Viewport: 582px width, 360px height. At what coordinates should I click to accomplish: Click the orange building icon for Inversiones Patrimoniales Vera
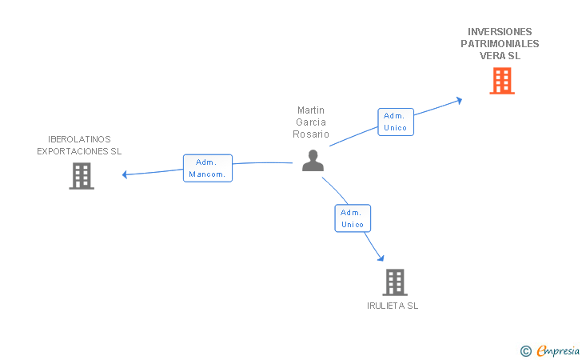[501, 80]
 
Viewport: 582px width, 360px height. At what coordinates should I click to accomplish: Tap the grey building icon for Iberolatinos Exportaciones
[82, 176]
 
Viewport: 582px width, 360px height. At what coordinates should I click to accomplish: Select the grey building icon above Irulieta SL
[394, 282]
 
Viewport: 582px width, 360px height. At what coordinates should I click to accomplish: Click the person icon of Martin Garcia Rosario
[313, 161]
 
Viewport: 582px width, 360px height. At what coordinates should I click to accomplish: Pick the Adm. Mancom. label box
[208, 168]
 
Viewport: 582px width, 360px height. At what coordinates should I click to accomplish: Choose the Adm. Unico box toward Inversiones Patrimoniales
[396, 122]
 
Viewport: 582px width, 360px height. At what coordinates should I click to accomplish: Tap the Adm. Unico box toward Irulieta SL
[353, 218]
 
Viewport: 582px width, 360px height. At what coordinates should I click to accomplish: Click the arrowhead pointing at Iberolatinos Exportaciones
[125, 174]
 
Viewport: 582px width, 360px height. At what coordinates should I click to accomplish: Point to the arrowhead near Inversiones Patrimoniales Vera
[459, 100]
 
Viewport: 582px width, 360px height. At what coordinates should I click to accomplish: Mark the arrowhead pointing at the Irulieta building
[381, 258]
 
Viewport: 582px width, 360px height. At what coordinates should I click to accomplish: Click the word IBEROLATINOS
[79, 139]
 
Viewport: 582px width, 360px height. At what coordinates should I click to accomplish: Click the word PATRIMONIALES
[500, 44]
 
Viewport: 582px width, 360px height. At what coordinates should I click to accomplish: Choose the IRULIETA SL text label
[393, 306]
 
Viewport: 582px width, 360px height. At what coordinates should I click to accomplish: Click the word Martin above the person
[311, 110]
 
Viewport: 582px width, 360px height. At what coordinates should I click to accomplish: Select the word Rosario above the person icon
[311, 134]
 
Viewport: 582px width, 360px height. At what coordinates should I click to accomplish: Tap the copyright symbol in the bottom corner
[525, 350]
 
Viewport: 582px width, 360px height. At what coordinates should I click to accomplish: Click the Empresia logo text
[558, 350]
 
